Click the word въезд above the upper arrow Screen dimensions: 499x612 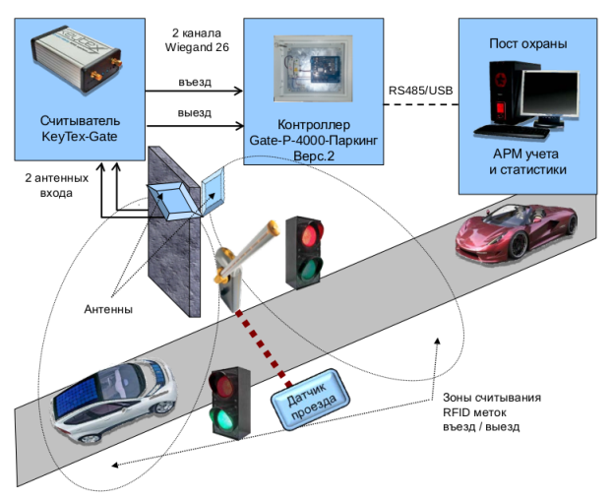[195, 80]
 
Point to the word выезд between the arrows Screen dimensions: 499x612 [195, 112]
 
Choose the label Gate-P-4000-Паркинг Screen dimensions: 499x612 [314, 142]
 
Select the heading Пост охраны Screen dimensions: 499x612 [527, 44]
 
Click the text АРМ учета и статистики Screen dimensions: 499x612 [527, 161]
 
